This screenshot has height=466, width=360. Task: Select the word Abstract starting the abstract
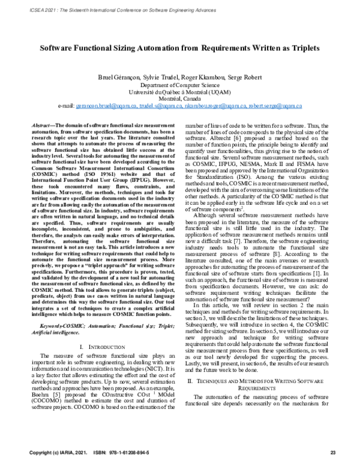tap(47, 121)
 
